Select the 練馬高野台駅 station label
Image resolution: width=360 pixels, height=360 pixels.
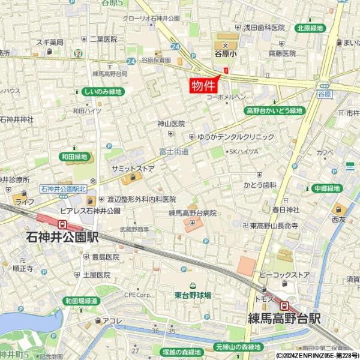click(285, 318)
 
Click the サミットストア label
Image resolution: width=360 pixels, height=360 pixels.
click(133, 169)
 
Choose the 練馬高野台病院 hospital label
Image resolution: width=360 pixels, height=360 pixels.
click(192, 213)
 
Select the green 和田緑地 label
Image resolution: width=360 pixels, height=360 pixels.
click(74, 157)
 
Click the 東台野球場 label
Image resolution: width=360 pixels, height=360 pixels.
click(193, 295)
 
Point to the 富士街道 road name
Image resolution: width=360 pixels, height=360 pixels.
click(175, 152)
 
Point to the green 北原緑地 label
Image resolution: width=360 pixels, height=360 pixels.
click(310, 28)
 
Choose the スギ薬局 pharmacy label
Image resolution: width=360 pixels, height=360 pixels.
click(50, 41)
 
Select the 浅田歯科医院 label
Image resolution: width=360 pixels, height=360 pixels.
click(263, 28)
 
